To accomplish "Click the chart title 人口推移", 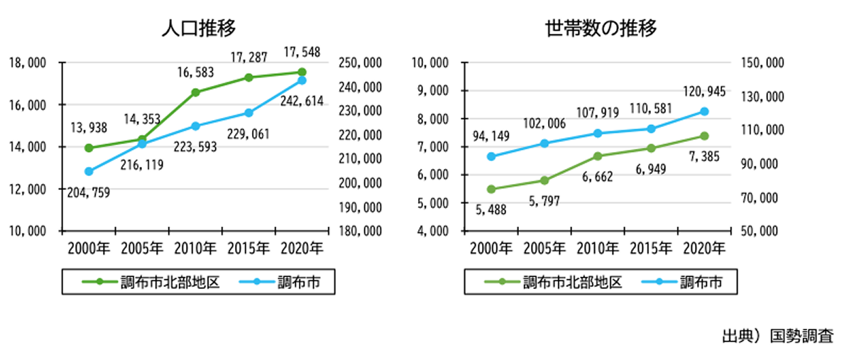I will pyautogui.click(x=197, y=28).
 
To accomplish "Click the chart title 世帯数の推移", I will pyautogui.click(x=601, y=28).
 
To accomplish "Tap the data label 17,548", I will pyautogui.click(x=302, y=52).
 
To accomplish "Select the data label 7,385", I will pyautogui.click(x=703, y=156).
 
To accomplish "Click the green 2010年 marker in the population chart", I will pyautogui.click(x=195, y=92).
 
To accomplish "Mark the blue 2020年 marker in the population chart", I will pyautogui.click(x=302, y=80).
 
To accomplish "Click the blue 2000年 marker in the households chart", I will pyautogui.click(x=491, y=156).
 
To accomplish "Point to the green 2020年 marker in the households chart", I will pyautogui.click(x=704, y=136).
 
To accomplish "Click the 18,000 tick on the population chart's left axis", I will pyautogui.click(x=28, y=63).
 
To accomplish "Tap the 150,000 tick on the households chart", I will pyautogui.click(x=762, y=63).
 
